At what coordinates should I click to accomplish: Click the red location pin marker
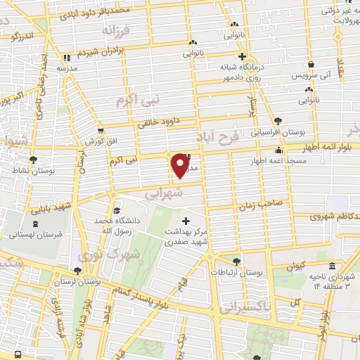[x=181, y=165]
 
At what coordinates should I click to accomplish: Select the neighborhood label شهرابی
[x=167, y=191]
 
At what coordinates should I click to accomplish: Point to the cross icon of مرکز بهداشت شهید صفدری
[x=186, y=221]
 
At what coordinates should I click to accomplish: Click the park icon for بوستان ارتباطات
[x=237, y=261]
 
